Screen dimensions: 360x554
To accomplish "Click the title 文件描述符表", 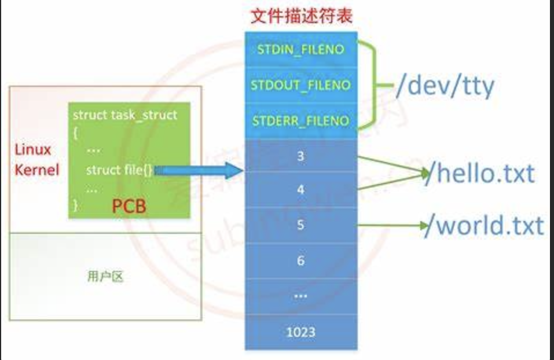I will (x=301, y=15).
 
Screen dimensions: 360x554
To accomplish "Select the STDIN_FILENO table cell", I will (x=301, y=49).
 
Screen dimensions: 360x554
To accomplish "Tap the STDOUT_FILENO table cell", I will (x=301, y=85).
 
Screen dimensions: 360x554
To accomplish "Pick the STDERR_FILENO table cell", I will (x=301, y=121).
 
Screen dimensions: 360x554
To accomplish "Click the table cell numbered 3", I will (x=300, y=156).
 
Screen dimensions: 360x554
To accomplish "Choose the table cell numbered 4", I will (x=300, y=189).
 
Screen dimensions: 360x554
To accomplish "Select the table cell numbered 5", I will (x=300, y=225).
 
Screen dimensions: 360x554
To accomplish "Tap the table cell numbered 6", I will (x=300, y=260).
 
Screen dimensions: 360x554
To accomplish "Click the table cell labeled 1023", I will (x=300, y=331).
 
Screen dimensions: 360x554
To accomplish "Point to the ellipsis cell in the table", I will (x=300, y=296).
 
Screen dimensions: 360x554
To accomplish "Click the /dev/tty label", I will (x=445, y=87).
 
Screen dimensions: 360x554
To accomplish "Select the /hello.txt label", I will (x=479, y=173).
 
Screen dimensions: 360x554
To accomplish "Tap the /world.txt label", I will (x=484, y=226).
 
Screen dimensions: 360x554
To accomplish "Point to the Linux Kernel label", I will (x=36, y=160).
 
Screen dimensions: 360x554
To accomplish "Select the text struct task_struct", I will (x=124, y=115).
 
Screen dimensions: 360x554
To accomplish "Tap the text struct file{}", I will (x=119, y=170).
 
